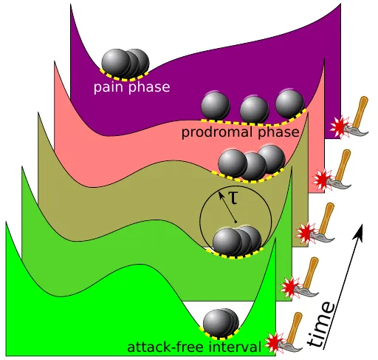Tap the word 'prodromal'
tap(218, 132)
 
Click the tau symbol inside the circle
tap(233, 198)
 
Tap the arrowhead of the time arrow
tap(358, 231)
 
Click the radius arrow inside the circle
tap(227, 207)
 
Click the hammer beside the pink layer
tap(339, 169)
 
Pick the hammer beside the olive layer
tap(322, 223)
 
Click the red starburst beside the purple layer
tap(339, 127)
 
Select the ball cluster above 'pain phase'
tap(126, 63)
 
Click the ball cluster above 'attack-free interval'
tap(221, 323)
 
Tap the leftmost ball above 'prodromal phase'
tap(216, 106)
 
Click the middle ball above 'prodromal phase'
tap(254, 109)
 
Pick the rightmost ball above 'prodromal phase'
tap(290, 103)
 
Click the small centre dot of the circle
tap(236, 223)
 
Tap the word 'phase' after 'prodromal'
tap(278, 132)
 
